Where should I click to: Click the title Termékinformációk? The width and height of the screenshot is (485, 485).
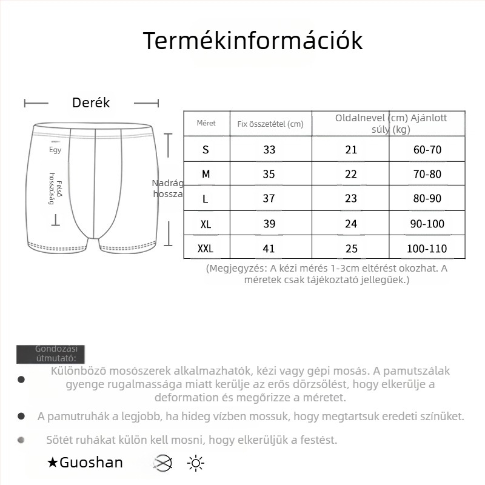tap(253, 41)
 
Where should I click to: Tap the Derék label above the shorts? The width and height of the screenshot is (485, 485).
tap(91, 103)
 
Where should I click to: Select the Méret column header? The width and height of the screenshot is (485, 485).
tap(206, 123)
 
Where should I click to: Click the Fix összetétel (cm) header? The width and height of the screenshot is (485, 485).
tap(270, 124)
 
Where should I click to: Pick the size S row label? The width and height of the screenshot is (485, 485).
tap(206, 150)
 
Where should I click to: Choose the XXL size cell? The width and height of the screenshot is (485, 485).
tap(206, 249)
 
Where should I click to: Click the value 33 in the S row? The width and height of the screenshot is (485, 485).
tap(269, 150)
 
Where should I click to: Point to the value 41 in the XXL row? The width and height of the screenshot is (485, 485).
tap(269, 249)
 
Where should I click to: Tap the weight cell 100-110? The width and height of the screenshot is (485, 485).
tap(427, 249)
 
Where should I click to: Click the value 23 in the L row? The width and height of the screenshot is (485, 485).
tap(351, 199)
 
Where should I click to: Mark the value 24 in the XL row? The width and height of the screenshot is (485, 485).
tap(351, 224)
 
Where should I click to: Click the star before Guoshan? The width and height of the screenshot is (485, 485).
tap(53, 463)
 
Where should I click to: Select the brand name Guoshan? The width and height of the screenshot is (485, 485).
tap(91, 463)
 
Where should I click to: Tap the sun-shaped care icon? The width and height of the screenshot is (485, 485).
tap(195, 464)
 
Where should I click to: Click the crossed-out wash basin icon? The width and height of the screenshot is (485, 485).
tap(162, 464)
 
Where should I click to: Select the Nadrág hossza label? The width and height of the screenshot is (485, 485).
tap(167, 188)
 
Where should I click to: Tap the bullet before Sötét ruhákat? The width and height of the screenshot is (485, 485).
tap(22, 440)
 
